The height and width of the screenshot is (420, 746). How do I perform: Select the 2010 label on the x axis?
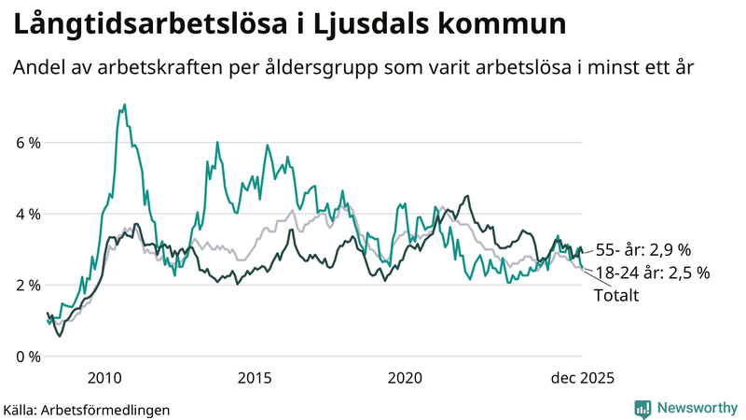point(104,378)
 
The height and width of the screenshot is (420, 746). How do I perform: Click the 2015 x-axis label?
point(255,378)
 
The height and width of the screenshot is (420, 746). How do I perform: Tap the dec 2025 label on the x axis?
point(580,378)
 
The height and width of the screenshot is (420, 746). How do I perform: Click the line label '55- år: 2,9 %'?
point(642,251)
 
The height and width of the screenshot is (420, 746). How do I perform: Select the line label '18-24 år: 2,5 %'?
point(652,273)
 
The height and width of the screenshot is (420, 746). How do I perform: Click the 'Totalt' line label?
point(617,295)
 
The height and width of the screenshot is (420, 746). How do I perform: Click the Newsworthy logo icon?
point(642,408)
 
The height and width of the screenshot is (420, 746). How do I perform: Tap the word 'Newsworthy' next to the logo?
point(696,408)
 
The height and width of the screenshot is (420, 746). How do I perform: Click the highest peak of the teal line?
point(125,105)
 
